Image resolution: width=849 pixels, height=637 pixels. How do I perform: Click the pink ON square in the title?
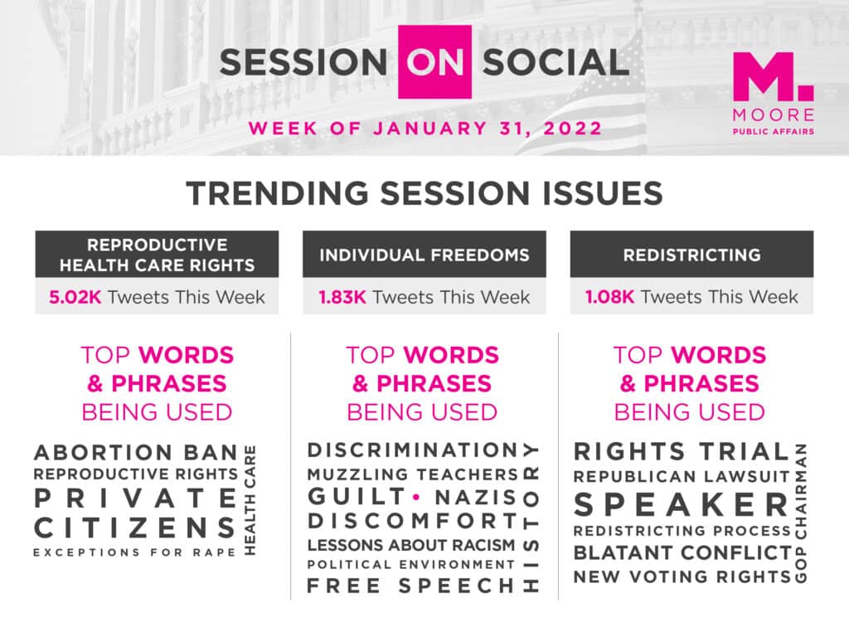point(434,61)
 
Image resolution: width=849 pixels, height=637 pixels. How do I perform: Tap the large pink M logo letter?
point(765,76)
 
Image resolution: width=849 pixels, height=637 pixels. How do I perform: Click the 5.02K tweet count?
point(75,297)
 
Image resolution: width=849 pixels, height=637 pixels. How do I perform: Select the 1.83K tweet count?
point(342,297)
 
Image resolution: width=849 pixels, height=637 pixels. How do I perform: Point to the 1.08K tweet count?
point(609,297)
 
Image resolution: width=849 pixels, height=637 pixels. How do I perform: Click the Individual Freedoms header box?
point(424,254)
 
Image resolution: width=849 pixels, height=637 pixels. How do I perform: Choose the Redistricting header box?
point(691,254)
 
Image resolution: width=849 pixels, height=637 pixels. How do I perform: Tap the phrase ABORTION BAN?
point(136,452)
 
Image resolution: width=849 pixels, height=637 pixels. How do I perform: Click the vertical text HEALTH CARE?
point(250,500)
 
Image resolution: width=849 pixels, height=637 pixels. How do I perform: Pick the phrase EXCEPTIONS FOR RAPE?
point(135,552)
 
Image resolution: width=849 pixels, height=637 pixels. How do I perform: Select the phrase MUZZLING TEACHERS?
point(413,474)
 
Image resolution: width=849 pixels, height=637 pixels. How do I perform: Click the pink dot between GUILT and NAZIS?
point(416,497)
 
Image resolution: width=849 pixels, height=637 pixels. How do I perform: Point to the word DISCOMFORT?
point(413,521)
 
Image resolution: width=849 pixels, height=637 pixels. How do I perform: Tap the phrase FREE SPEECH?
point(411,586)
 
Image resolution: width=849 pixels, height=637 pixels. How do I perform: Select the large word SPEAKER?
point(682,505)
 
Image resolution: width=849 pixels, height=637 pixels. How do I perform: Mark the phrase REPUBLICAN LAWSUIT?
point(682,477)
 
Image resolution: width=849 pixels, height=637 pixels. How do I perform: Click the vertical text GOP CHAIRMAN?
point(801,513)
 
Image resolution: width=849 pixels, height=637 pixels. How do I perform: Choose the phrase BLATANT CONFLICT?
point(683,553)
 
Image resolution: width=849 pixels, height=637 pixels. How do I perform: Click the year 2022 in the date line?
point(573,129)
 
